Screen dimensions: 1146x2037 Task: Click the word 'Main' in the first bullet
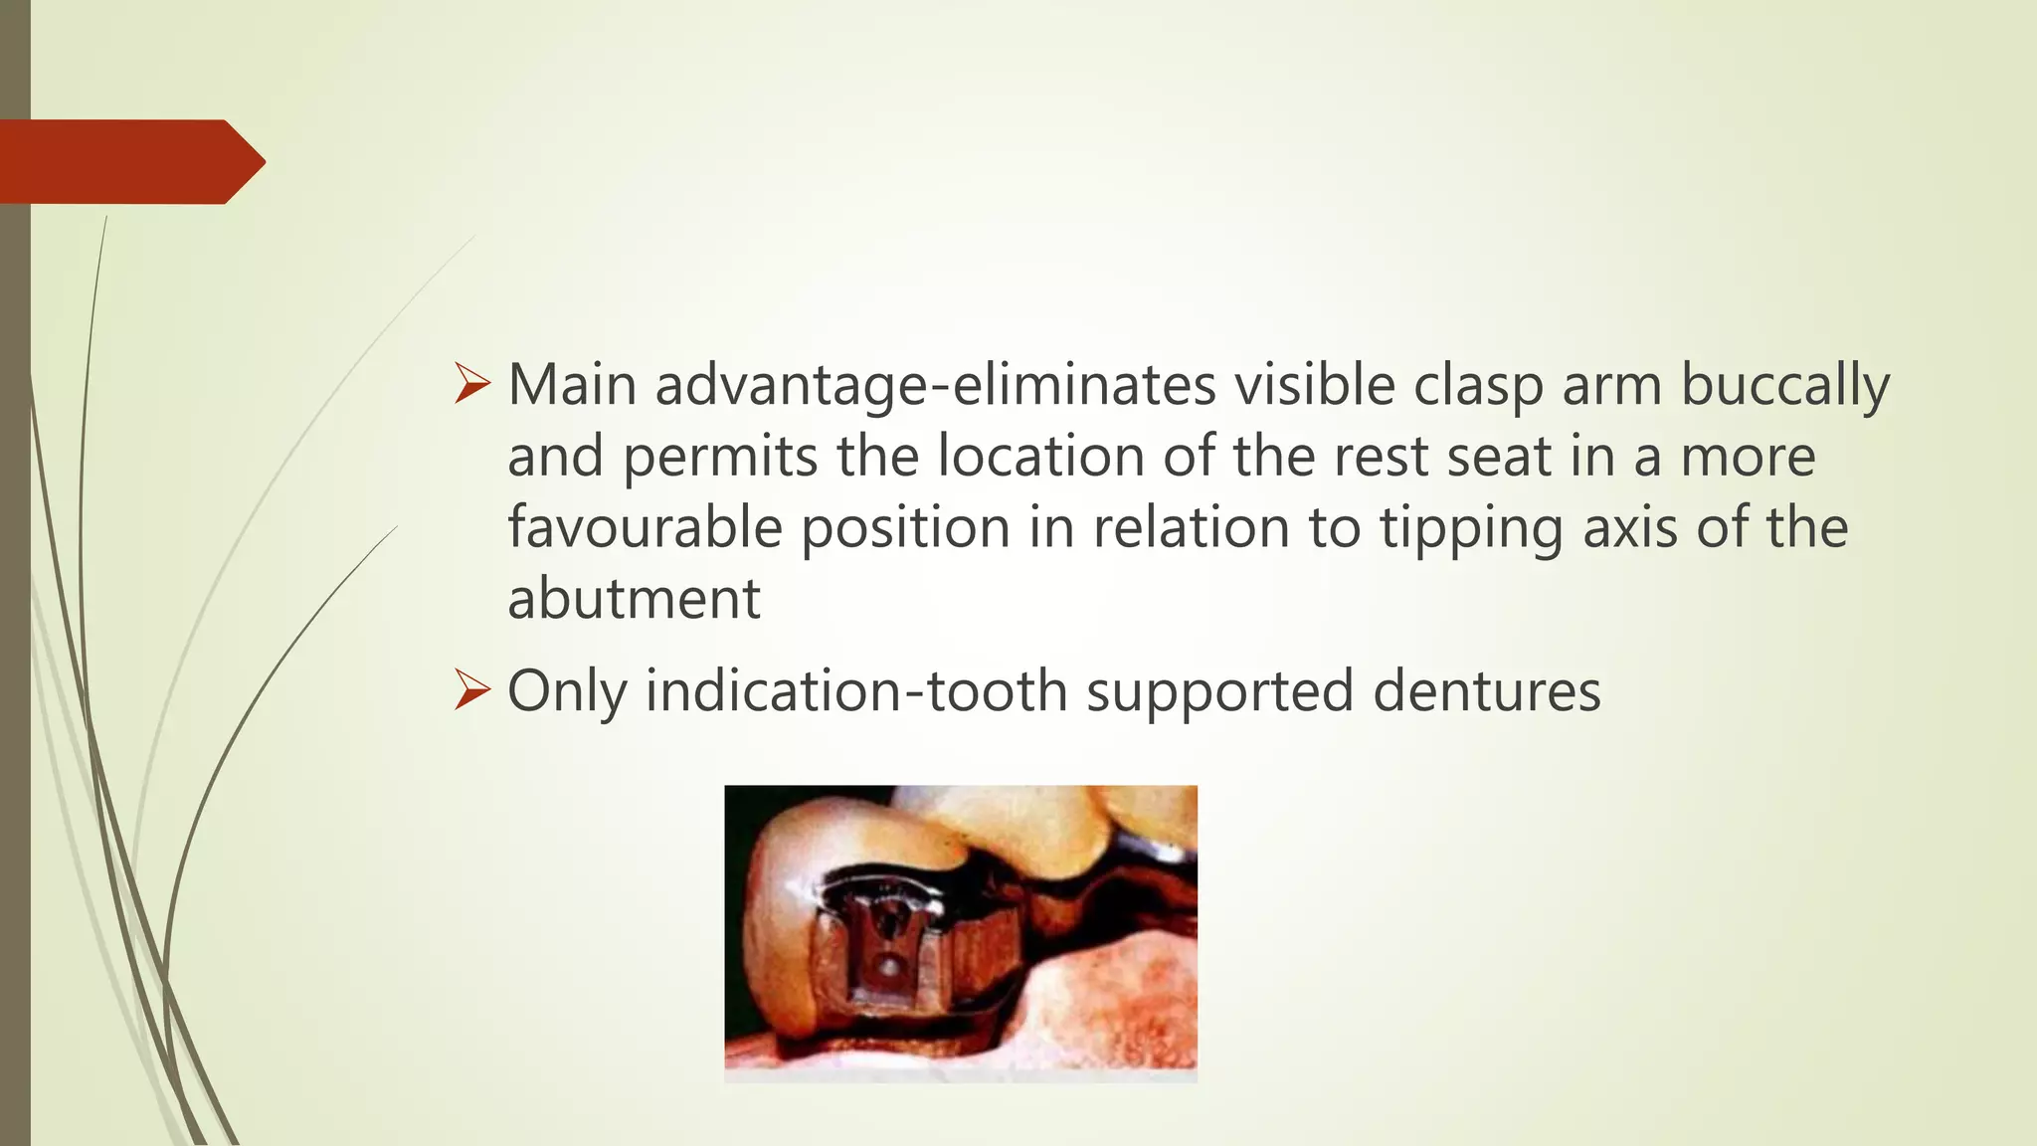coord(571,385)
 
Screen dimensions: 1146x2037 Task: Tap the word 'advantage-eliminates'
coord(935,387)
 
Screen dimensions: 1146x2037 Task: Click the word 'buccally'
coord(1785,387)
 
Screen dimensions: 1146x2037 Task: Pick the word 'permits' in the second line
coord(720,459)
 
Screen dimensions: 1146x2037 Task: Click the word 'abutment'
coord(634,600)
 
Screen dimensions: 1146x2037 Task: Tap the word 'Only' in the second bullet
coord(567,692)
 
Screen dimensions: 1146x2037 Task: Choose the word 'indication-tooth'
coord(856,691)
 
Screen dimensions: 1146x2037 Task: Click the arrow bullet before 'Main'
coord(471,384)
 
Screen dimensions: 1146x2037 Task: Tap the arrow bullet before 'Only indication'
coord(471,690)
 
